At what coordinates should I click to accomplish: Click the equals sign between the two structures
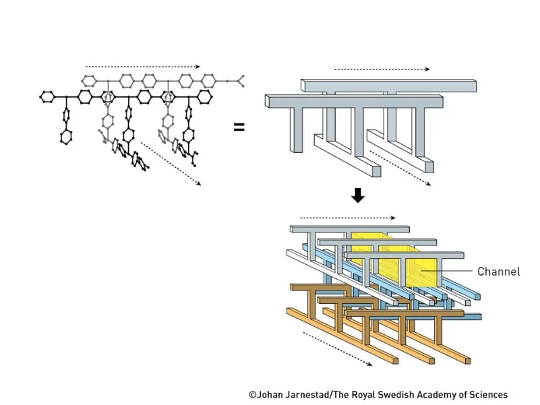[239, 126]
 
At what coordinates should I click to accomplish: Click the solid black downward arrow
[358, 195]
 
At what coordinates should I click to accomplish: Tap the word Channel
[499, 272]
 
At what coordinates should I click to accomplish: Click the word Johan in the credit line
[270, 395]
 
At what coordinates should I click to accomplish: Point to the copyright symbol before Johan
[252, 395]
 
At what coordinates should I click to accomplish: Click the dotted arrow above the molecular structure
[142, 67]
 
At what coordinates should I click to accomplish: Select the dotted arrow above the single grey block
[382, 69]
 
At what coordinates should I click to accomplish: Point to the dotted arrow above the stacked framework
[347, 218]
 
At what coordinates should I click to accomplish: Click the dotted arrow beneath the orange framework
[337, 348]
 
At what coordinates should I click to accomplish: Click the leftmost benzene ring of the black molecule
[47, 97]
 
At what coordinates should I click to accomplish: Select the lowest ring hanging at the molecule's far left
[65, 137]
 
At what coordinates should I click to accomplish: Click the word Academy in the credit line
[441, 395]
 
